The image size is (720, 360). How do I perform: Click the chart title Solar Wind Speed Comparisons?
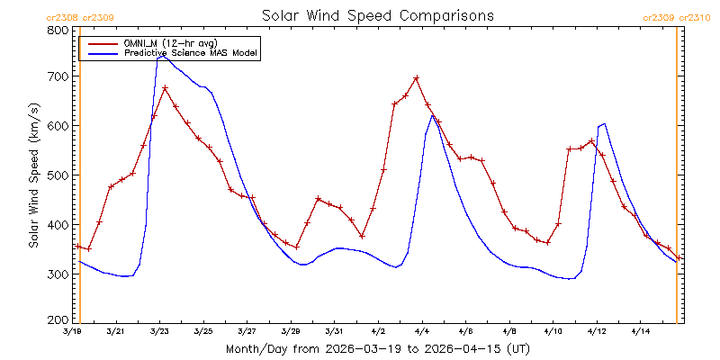click(378, 15)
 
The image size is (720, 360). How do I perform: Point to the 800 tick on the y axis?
click(60, 31)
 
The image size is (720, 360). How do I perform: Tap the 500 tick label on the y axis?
click(60, 175)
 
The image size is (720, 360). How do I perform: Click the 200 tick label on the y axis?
click(60, 320)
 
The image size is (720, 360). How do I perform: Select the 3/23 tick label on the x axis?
click(159, 331)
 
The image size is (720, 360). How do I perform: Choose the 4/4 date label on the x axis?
click(422, 331)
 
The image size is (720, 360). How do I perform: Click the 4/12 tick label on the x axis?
click(597, 331)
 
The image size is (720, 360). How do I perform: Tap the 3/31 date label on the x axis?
click(334, 331)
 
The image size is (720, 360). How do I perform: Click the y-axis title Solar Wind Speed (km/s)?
click(33, 175)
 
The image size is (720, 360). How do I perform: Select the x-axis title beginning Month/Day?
click(377, 349)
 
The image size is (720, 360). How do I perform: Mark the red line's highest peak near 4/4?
click(417, 78)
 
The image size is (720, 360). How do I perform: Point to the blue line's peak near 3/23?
click(162, 56)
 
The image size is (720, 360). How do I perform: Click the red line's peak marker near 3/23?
click(166, 87)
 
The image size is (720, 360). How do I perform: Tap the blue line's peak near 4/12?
click(604, 123)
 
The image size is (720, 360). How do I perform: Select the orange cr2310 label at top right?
click(693, 18)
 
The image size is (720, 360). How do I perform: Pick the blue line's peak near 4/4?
click(432, 115)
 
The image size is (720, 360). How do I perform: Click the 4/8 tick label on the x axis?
click(509, 331)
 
